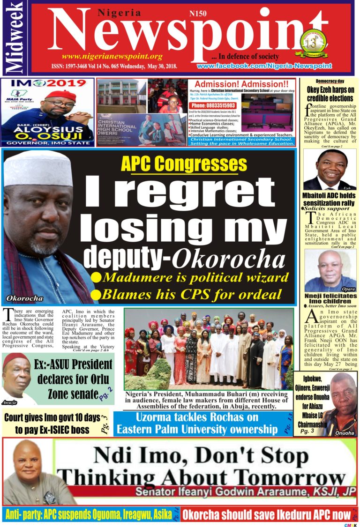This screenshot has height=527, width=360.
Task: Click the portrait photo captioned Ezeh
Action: pyautogui.click(x=330, y=169)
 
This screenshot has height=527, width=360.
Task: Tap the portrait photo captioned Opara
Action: pyautogui.click(x=330, y=271)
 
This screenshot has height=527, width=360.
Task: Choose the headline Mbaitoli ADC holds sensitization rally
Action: pyautogui.click(x=330, y=200)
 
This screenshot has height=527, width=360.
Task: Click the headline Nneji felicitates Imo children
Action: pyautogui.click(x=330, y=299)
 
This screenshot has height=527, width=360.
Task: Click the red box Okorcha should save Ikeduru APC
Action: pyautogui.click(x=266, y=514)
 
